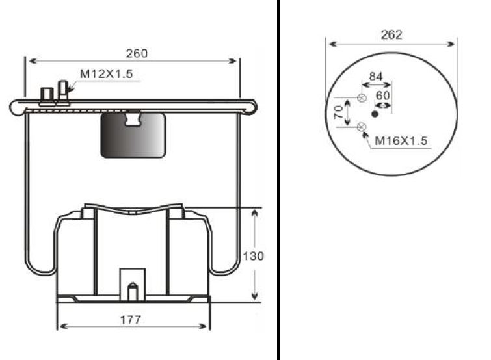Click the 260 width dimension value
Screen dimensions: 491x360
coord(137,54)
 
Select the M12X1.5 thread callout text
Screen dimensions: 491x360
coord(107,74)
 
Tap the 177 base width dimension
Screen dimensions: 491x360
coord(131,320)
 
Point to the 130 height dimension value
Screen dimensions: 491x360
coord(254,256)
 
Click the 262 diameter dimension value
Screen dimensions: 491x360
coord(391,34)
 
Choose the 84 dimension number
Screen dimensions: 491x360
coord(376,76)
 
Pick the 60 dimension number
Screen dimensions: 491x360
coord(382,96)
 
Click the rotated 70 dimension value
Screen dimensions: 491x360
coord(338,112)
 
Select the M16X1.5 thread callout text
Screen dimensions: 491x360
coord(401,141)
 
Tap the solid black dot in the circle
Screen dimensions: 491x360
coord(375,114)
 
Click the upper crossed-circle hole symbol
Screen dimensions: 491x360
coord(362,98)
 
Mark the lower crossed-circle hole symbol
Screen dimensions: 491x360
coord(362,127)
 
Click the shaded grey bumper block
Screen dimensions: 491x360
coord(133,135)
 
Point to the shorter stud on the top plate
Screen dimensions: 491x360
coord(47,96)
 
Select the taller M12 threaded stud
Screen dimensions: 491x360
coord(63,92)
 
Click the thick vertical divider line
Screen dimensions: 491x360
coord(278,180)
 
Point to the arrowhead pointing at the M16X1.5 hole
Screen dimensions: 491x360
coord(365,135)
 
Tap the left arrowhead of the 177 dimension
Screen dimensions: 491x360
coord(63,326)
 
